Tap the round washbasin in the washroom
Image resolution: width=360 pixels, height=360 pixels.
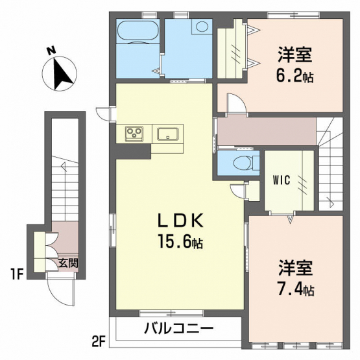(202, 27)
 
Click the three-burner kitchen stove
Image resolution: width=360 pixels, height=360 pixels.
(134, 134)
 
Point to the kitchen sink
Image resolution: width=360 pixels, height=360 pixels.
(168, 134)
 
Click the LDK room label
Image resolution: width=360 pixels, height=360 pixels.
(180, 221)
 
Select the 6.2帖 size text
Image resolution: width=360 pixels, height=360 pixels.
(294, 77)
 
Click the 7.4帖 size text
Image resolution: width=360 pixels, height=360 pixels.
(296, 290)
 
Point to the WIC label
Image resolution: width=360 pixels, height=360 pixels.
(282, 180)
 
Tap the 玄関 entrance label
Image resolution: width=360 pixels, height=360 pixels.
(68, 263)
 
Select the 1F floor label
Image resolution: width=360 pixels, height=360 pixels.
(18, 274)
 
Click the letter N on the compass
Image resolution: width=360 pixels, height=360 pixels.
(51, 51)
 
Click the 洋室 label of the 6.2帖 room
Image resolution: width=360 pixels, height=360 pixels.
(294, 54)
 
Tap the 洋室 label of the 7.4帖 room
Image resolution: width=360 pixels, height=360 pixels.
(296, 268)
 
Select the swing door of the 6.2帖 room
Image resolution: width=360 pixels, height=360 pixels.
(237, 102)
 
